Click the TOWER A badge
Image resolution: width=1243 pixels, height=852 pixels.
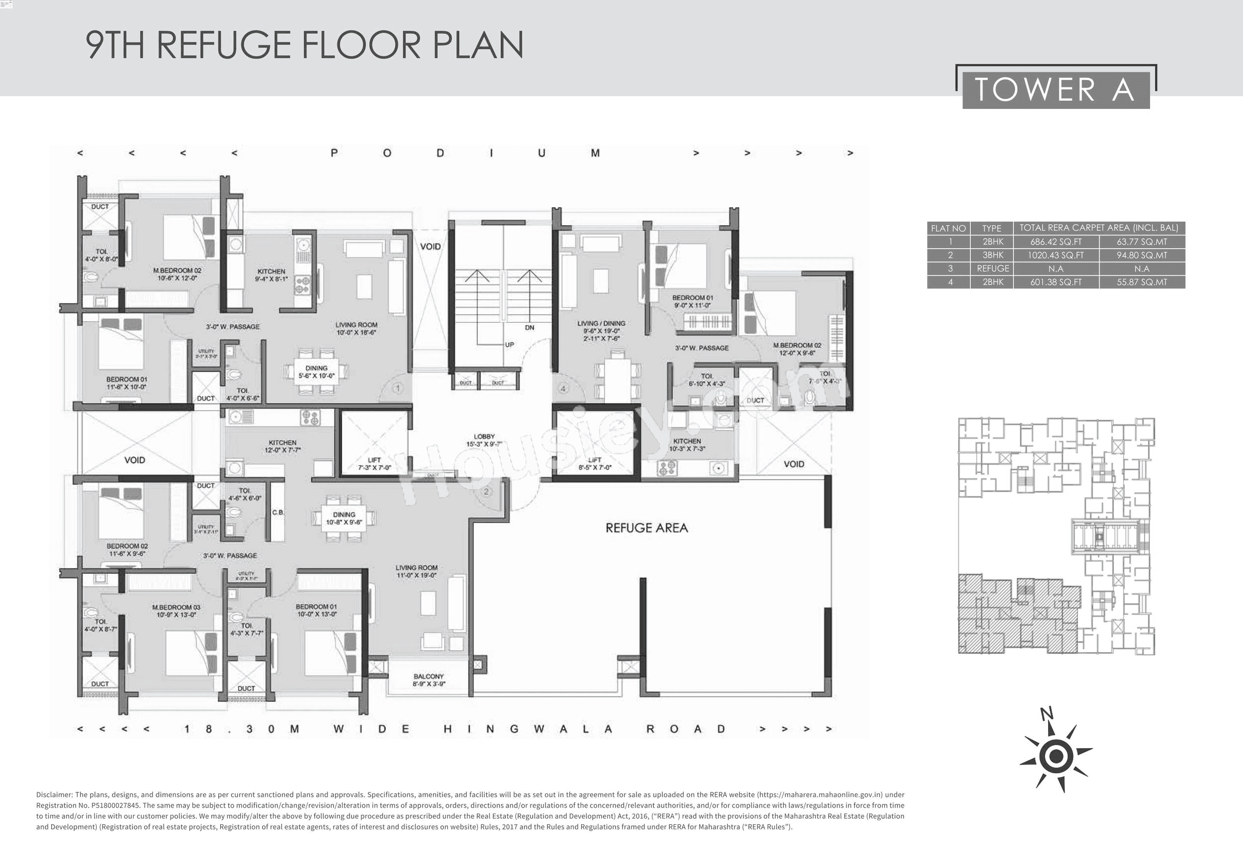(1056, 89)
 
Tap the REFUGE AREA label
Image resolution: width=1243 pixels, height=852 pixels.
(646, 528)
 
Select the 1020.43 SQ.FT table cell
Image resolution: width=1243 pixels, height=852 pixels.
(1055, 255)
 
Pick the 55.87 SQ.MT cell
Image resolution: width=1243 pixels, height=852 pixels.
(1142, 282)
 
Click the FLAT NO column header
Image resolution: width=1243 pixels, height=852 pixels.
(948, 228)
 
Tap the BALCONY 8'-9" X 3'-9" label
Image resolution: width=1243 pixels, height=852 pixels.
(429, 680)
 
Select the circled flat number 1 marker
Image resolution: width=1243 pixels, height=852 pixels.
(397, 388)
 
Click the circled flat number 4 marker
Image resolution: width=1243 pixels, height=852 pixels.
(563, 389)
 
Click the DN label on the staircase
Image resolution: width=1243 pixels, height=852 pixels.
(530, 327)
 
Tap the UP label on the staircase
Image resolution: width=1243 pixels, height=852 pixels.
(509, 344)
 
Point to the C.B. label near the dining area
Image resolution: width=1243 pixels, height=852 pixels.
(278, 512)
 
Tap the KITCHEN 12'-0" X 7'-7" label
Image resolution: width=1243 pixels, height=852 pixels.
(282, 446)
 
